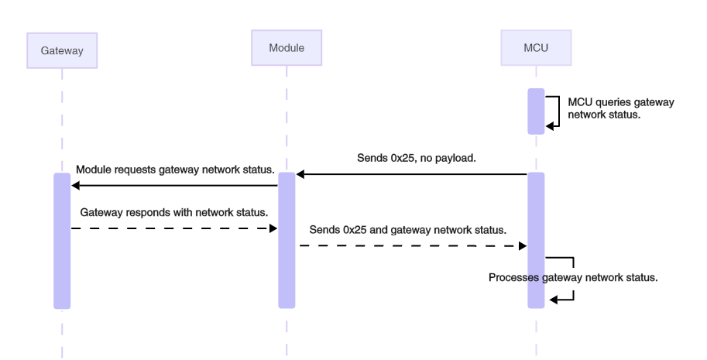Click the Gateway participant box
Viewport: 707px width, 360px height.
[62, 50]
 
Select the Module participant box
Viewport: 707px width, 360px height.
[287, 48]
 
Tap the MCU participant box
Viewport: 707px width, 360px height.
[536, 48]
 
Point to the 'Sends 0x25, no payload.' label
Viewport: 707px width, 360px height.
[416, 157]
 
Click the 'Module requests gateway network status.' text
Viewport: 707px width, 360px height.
[175, 169]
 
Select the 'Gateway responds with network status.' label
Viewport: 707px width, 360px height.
[174, 211]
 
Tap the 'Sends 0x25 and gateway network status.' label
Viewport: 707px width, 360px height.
[407, 230]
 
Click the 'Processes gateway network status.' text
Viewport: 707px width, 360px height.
[573, 277]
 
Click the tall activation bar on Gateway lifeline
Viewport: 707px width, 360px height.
[62, 240]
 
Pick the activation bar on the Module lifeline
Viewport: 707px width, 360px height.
[287, 240]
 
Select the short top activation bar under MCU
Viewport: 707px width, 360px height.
[536, 111]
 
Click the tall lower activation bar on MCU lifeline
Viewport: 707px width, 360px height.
[536, 240]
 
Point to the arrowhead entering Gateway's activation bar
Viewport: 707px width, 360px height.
[75, 186]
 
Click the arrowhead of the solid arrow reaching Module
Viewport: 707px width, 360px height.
[300, 175]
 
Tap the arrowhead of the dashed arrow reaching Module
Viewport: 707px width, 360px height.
[273, 228]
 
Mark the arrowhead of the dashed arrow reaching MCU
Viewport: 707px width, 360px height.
[523, 245]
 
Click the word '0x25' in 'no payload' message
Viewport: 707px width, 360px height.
[403, 157]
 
